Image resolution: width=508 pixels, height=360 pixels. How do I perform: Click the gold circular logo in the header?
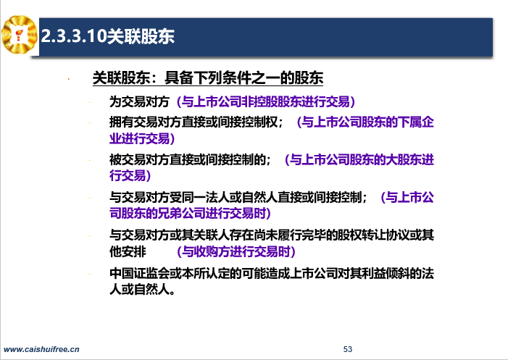click(x=20, y=34)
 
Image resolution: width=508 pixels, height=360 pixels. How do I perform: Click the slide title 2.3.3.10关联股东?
click(x=108, y=36)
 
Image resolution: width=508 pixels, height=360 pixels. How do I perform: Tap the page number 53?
click(x=348, y=349)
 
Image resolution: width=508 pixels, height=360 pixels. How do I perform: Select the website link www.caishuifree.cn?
click(x=41, y=349)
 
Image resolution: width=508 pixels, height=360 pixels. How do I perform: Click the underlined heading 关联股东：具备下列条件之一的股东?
click(x=208, y=78)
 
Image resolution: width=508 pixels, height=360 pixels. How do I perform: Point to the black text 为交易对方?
click(x=139, y=101)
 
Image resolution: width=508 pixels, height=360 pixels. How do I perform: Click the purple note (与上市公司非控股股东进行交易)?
click(x=266, y=101)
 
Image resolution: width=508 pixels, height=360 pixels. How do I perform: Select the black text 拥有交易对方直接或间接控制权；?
click(x=196, y=122)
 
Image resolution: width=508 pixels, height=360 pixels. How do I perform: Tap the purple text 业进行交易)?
click(x=142, y=138)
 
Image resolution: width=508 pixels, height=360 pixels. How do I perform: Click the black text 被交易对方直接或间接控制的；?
click(x=190, y=159)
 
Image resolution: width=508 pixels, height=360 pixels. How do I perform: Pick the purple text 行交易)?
click(x=130, y=175)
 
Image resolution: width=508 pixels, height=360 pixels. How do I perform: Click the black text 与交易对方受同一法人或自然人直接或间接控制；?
click(x=238, y=197)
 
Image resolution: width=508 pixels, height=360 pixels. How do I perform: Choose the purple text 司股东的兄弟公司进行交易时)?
click(x=190, y=213)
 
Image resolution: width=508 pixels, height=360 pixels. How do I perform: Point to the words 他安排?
click(x=128, y=251)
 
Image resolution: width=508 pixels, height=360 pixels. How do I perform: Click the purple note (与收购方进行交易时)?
click(x=236, y=251)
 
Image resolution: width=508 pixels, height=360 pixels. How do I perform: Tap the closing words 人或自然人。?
click(x=143, y=289)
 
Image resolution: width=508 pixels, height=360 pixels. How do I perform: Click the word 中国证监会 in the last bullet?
click(x=139, y=273)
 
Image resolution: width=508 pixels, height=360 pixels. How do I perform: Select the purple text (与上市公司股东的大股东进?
click(x=359, y=159)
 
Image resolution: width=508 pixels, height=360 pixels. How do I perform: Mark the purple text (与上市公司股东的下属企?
click(x=365, y=122)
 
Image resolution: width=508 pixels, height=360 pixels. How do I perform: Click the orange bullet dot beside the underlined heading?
click(x=69, y=79)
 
